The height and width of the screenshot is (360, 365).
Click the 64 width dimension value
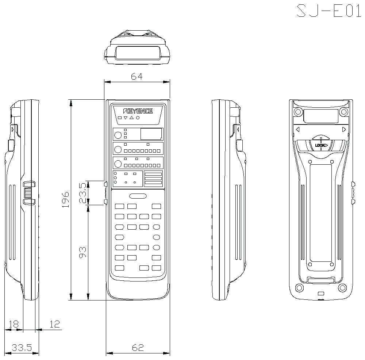(x=137, y=76)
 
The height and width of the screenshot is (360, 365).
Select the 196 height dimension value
(x=65, y=199)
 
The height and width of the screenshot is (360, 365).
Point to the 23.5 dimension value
(x=83, y=193)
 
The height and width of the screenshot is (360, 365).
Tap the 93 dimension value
(x=83, y=252)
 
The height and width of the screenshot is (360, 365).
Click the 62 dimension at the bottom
(x=138, y=348)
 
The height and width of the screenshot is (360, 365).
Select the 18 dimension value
(x=13, y=324)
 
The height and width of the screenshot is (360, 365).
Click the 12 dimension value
(x=54, y=324)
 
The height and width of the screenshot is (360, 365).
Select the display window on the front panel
(x=151, y=134)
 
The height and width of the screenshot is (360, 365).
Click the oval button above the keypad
(x=138, y=196)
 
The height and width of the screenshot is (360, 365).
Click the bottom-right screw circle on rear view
(x=342, y=287)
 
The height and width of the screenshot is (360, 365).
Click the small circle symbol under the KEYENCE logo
(x=138, y=118)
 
